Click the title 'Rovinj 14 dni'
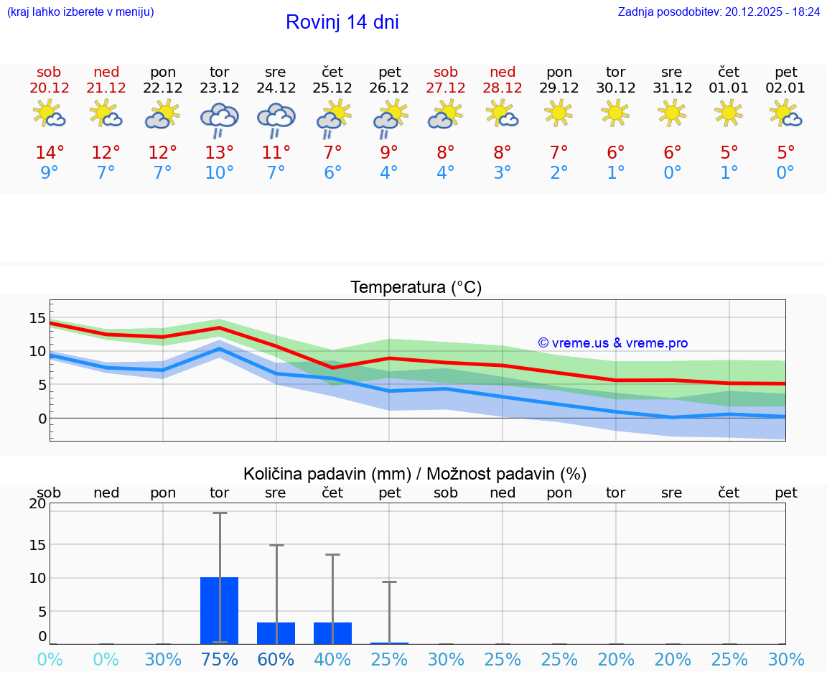[x=342, y=22]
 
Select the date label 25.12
[x=332, y=88]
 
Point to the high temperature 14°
[x=50, y=153]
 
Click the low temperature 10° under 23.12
[x=219, y=173]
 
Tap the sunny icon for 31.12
[x=672, y=113]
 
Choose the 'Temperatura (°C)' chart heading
[x=416, y=288]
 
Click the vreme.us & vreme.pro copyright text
[x=612, y=343]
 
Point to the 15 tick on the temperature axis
[x=37, y=318]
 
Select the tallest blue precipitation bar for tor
[x=219, y=610]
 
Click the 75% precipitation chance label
[x=219, y=660]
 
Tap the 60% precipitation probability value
[x=276, y=660]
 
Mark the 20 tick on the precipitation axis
[x=37, y=503]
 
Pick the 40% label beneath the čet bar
[x=332, y=660]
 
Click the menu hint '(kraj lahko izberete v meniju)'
[x=80, y=12]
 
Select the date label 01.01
[x=729, y=88]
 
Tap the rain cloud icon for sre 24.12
[x=276, y=119]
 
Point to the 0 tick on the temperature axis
[x=42, y=418]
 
